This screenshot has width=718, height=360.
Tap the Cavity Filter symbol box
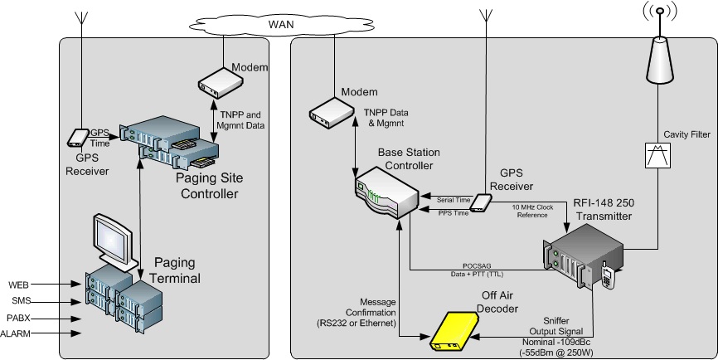[659, 155]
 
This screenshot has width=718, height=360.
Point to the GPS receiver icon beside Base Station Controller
[481, 206]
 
